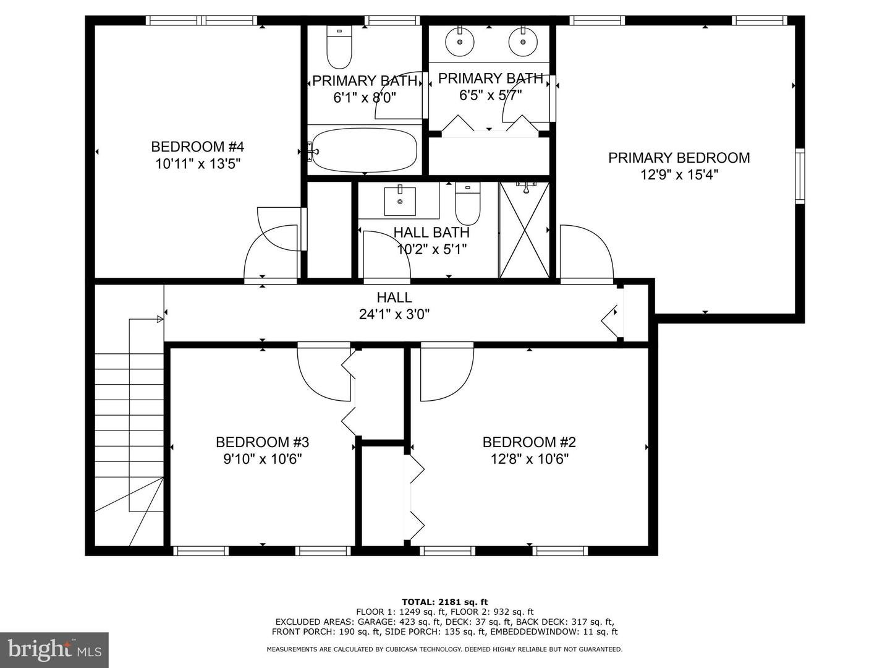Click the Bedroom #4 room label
pyautogui.click(x=197, y=147)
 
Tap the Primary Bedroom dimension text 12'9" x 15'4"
pyautogui.click(x=679, y=175)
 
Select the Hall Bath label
pyautogui.click(x=431, y=233)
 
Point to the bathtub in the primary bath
pyautogui.click(x=363, y=150)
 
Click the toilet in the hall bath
pyautogui.click(x=467, y=203)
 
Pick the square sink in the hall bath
pyautogui.click(x=400, y=201)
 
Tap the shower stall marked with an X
pyautogui.click(x=525, y=230)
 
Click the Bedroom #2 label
pyautogui.click(x=529, y=442)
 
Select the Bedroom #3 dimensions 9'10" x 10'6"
pyautogui.click(x=263, y=459)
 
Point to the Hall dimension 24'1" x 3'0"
pyautogui.click(x=394, y=314)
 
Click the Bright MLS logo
pyautogui.click(x=54, y=649)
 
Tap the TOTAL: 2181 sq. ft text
pyautogui.click(x=445, y=601)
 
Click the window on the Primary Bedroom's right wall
pyautogui.click(x=800, y=176)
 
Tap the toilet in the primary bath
pyautogui.click(x=339, y=46)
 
